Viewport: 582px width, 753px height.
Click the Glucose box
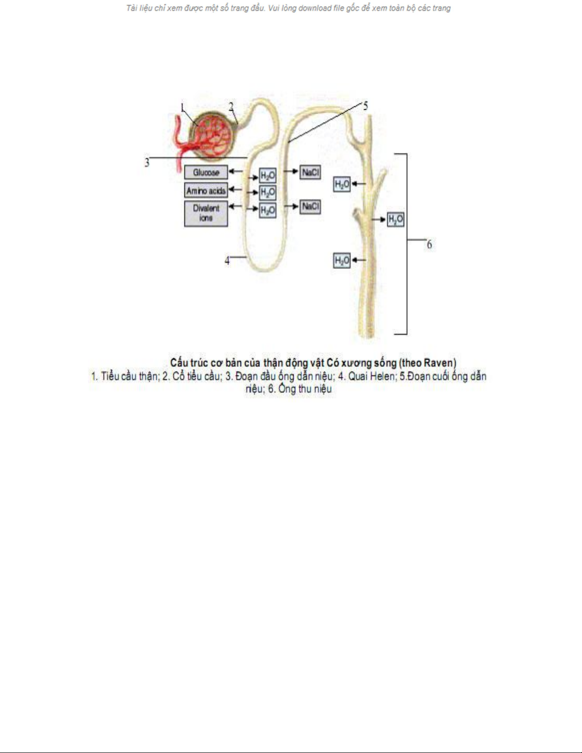[x=206, y=172]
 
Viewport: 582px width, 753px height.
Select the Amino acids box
[x=206, y=190]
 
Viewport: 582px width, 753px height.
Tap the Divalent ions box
[x=206, y=213]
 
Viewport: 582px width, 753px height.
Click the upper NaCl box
[x=310, y=172]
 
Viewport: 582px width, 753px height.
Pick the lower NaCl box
[x=310, y=207]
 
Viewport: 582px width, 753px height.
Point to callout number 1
[x=182, y=108]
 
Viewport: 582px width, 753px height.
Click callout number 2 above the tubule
[x=231, y=107]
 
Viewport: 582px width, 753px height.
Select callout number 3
[x=147, y=162]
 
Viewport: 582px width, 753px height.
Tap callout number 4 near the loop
[x=227, y=261]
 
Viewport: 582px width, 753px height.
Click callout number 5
[x=365, y=106]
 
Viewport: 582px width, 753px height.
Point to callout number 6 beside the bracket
[x=429, y=245]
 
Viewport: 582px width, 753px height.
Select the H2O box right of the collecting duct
[x=396, y=219]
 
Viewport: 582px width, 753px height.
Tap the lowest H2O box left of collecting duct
[x=342, y=260]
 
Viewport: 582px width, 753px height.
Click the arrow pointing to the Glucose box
[x=236, y=171]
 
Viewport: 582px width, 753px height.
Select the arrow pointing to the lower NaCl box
[x=291, y=207]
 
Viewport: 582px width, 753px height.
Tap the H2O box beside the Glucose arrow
[x=267, y=176]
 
